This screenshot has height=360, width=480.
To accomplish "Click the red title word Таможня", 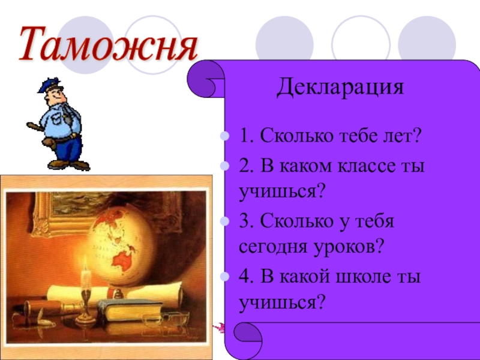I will pyautogui.click(x=108, y=43).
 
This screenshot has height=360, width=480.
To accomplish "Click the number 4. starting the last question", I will pyautogui.click(x=245, y=278).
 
